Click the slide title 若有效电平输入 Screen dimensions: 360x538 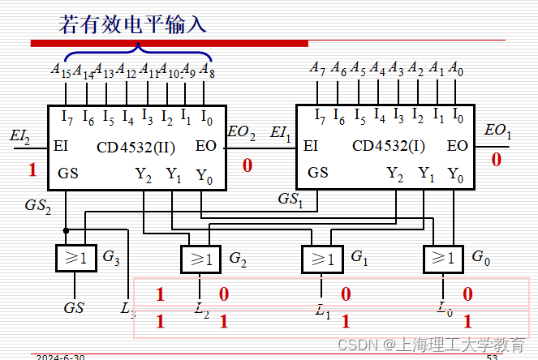tap(133, 24)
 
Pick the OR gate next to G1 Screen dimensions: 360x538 tap(321, 259)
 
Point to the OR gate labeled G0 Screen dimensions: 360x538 tap(443, 259)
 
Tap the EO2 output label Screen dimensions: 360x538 tap(241, 131)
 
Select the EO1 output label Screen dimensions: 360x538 tap(497, 131)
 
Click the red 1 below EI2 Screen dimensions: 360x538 tap(32, 170)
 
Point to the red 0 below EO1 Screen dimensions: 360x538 tap(497, 160)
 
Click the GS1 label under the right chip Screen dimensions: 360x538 tap(290, 199)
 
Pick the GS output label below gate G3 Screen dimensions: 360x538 tap(74, 308)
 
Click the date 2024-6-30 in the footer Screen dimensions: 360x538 tap(60, 357)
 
